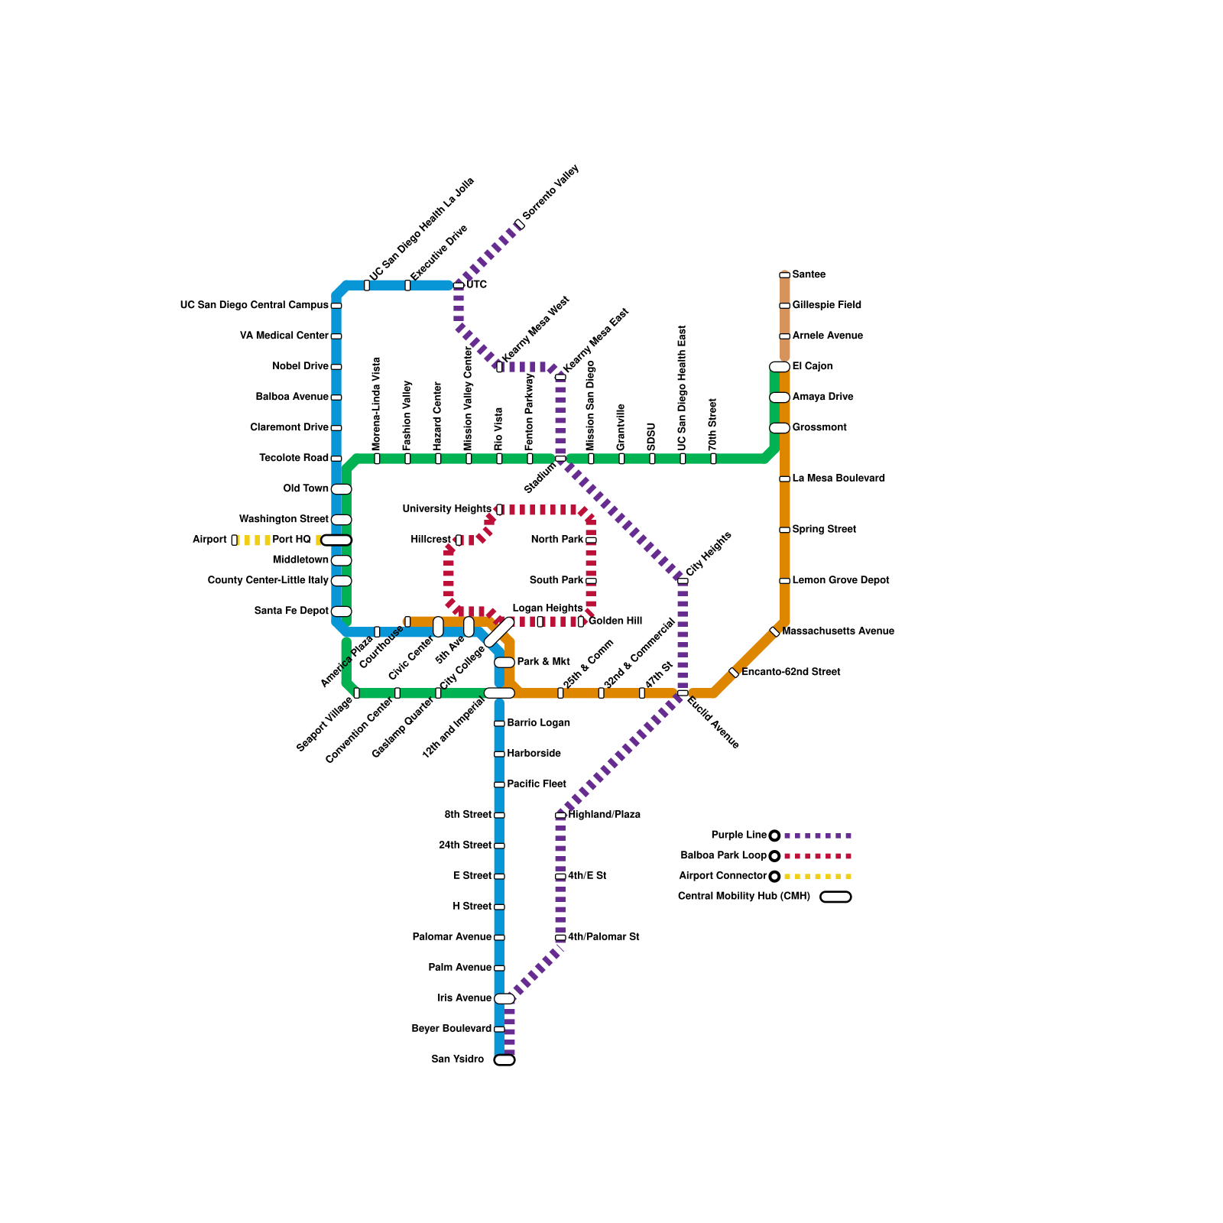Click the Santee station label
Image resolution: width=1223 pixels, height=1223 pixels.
pyautogui.click(x=809, y=274)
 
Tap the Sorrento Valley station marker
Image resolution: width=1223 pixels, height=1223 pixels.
pyautogui.click(x=519, y=224)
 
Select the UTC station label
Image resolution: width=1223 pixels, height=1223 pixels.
pyautogui.click(x=476, y=285)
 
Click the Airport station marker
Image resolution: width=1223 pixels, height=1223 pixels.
pyautogui.click(x=234, y=540)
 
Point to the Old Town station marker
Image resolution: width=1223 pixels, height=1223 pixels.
pyautogui.click(x=341, y=489)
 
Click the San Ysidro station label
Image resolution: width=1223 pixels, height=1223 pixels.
pyautogui.click(x=457, y=1059)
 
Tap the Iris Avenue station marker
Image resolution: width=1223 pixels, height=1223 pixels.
pyautogui.click(x=504, y=998)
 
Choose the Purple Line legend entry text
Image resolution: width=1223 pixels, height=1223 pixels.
pyautogui.click(x=738, y=835)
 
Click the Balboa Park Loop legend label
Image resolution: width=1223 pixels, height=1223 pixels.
pyautogui.click(x=723, y=856)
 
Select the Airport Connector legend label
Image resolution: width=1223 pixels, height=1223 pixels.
pyautogui.click(x=722, y=876)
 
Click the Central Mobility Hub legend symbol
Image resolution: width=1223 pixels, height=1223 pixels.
pyautogui.click(x=835, y=897)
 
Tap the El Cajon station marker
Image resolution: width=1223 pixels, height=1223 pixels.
pyautogui.click(x=779, y=367)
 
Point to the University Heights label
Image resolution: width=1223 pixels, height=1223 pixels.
pyautogui.click(x=446, y=509)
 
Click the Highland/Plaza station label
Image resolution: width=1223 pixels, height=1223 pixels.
pyautogui.click(x=604, y=815)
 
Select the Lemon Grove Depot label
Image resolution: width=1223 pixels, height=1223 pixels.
pyautogui.click(x=841, y=580)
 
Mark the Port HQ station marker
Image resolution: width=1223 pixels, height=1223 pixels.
pyautogui.click(x=336, y=540)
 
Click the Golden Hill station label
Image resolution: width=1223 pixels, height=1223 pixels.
pyautogui.click(x=615, y=621)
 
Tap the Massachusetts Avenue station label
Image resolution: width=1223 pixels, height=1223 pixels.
pyautogui.click(x=838, y=631)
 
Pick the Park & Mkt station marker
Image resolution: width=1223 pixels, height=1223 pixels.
pyautogui.click(x=504, y=662)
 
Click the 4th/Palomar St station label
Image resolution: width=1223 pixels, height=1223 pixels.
pyautogui.click(x=603, y=937)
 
